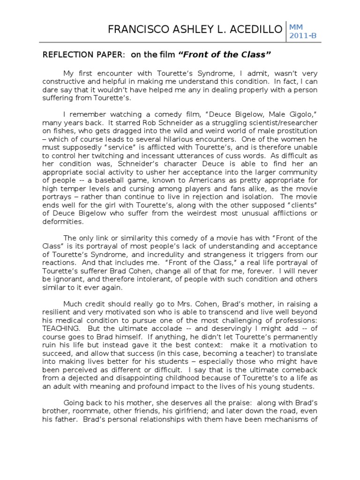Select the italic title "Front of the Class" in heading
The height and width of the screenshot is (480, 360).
click(x=225, y=55)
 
